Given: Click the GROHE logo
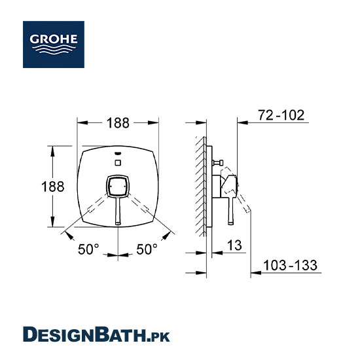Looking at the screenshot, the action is (54, 45).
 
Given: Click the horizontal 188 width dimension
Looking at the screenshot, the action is (118, 123).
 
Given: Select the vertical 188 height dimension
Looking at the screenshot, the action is (53, 187).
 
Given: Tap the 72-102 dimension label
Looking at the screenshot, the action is (281, 115).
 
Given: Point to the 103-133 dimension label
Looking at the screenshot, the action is (290, 265).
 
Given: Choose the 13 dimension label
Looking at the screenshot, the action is (234, 245).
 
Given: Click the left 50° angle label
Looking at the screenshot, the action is (88, 249).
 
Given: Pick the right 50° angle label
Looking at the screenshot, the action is (147, 249).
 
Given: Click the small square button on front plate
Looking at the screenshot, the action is (118, 163).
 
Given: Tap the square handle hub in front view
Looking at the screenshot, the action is (118, 187).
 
